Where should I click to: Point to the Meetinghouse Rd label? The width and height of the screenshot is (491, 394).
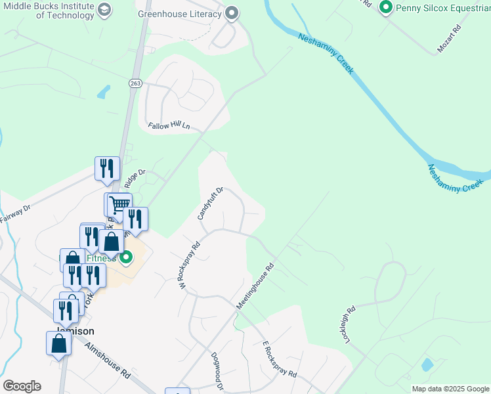[255, 288]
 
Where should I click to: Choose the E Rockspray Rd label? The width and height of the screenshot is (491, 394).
[280, 360]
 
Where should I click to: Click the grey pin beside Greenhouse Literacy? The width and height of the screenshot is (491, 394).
[231, 12]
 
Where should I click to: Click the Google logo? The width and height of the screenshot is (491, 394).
[22, 386]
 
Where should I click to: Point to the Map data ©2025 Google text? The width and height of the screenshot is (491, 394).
[450, 389]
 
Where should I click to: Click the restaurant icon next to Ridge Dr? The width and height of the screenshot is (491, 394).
[107, 168]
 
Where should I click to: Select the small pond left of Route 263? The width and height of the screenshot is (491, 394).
[104, 91]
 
